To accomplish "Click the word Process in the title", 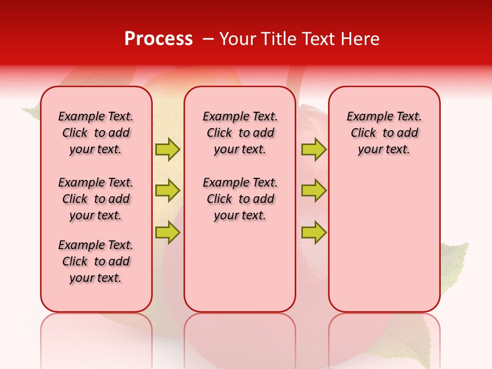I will point(158,38).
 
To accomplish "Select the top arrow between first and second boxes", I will point(168,150).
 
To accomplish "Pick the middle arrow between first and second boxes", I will point(168,191).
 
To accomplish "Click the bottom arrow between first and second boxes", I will point(168,232).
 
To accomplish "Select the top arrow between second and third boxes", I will point(314,150).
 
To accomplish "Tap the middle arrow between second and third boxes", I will point(314,191).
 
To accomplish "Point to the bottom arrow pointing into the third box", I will point(314,232).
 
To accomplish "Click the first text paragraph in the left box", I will point(96,133).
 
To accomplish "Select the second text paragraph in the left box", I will point(96,199).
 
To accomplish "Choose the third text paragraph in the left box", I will point(96,261).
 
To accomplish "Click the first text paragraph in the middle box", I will point(240,133).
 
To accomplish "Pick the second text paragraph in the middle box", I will point(240,199).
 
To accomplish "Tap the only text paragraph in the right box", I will point(384,133).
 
